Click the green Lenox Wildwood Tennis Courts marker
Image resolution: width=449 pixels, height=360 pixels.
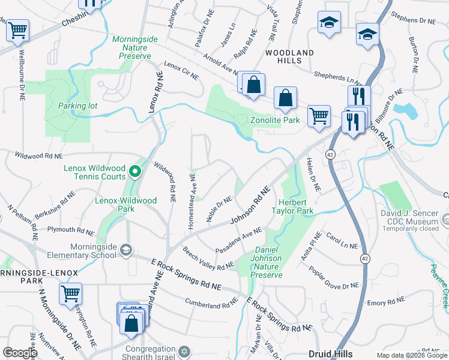(x=136, y=173)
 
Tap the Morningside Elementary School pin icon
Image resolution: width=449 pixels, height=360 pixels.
(x=125, y=250)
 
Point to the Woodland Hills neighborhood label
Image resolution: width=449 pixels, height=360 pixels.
(x=289, y=57)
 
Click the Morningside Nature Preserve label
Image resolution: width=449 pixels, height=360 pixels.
(x=135, y=47)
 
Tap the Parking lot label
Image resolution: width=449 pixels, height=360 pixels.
(x=77, y=106)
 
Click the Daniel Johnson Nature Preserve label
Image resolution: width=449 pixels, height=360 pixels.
(x=267, y=262)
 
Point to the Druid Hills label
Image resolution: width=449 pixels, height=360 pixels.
(x=330, y=354)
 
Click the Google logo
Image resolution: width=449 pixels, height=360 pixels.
(x=20, y=353)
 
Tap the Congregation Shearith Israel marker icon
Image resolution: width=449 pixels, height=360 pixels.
(x=184, y=350)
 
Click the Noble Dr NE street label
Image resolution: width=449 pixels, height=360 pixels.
(x=219, y=209)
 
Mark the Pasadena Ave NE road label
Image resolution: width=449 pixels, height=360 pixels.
(x=239, y=239)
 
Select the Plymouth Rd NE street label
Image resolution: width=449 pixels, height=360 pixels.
(x=71, y=230)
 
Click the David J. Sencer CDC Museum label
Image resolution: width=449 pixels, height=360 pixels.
(x=414, y=217)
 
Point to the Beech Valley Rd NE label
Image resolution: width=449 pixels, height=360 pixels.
(x=208, y=258)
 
